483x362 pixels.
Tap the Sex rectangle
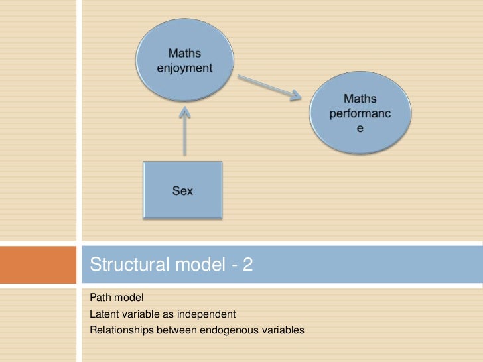point(183,191)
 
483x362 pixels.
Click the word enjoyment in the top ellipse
point(184,67)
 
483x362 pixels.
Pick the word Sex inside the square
point(183,191)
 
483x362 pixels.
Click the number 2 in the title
point(247,265)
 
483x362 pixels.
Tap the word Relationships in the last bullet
point(117,328)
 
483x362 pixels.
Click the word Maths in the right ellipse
point(360,99)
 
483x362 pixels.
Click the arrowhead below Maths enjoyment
point(184,114)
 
